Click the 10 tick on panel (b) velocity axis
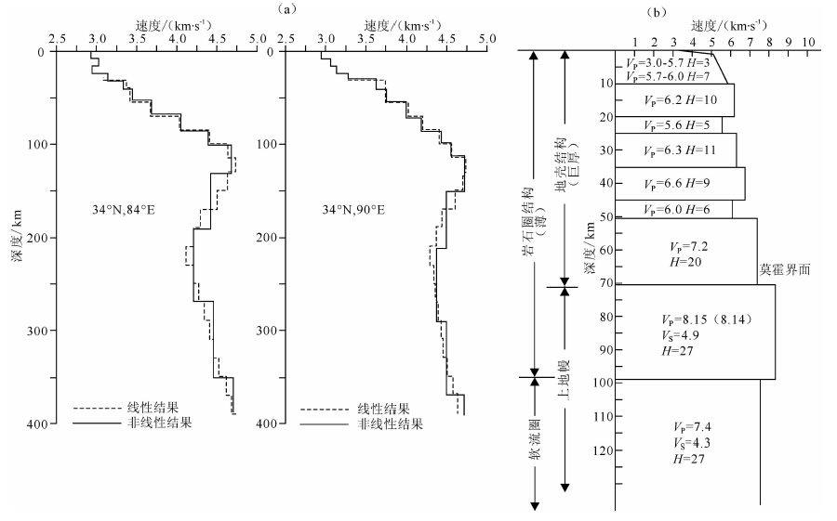tap(808, 42)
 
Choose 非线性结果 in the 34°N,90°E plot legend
tap(392, 423)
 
